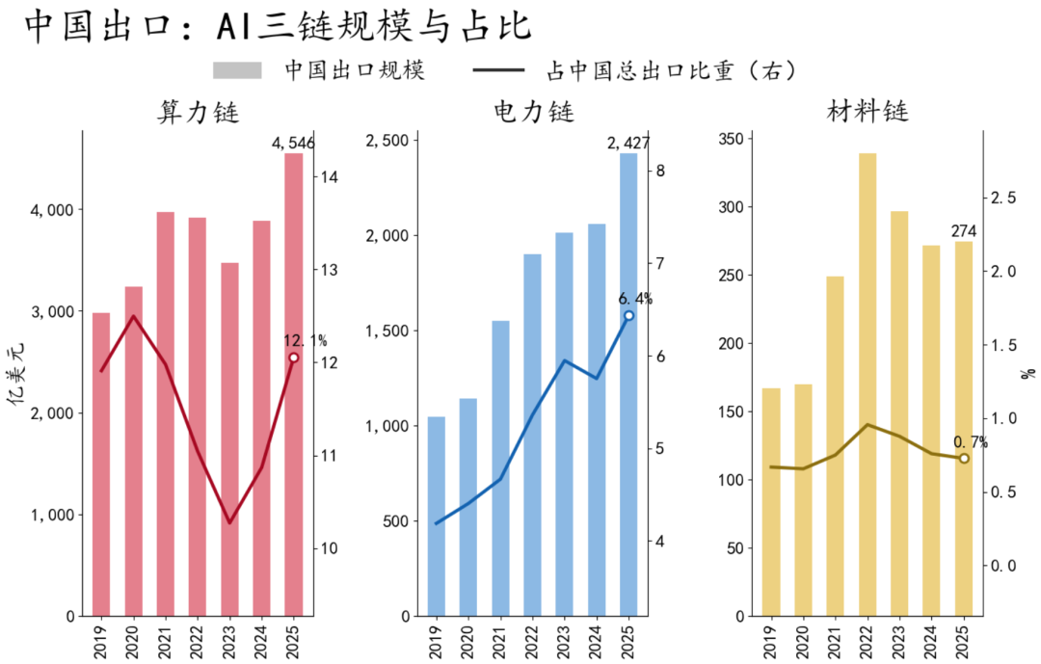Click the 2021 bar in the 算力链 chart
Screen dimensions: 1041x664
166,413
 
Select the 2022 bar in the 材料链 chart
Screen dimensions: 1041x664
867,385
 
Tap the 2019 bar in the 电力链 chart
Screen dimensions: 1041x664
437,516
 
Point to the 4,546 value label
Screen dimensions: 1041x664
293,144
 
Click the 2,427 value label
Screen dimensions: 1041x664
628,144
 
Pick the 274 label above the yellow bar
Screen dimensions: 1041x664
964,231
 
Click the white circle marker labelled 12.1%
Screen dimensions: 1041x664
293,358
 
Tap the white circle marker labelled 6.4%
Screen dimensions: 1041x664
628,316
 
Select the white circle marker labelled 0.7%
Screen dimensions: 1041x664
964,459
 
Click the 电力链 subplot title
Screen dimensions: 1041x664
534,112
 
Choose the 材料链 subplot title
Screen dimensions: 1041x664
867,111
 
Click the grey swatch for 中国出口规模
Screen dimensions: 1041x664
237,70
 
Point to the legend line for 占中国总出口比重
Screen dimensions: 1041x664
498,69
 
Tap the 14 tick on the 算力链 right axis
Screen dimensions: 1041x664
330,177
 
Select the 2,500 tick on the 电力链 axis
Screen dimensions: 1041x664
387,141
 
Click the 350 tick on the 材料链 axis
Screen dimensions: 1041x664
733,139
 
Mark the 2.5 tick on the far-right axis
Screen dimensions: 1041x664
1003,198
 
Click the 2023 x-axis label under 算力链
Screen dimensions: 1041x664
229,642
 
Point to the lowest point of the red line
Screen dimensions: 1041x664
229,522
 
